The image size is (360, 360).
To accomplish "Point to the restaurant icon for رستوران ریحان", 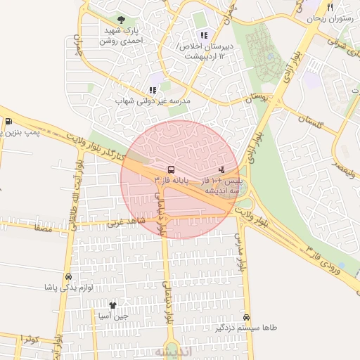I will click(330, 7).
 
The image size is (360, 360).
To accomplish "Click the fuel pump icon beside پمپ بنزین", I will click(8, 120).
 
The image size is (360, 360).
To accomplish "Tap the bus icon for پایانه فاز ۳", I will click(171, 169).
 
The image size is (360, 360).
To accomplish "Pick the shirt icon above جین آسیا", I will click(112, 305).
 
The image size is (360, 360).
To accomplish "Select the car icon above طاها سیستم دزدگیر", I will click(246, 318).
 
